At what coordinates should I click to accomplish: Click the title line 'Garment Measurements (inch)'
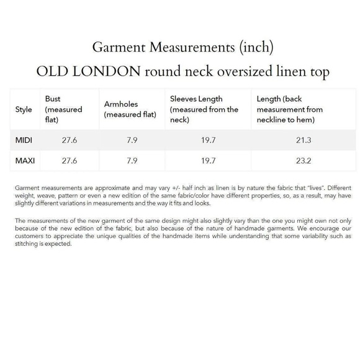pos(182,47)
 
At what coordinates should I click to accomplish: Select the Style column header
pos(24,109)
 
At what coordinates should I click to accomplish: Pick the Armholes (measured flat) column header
pos(130,109)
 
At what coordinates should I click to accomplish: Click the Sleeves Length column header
pos(204,109)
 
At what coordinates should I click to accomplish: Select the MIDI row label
pos(24,140)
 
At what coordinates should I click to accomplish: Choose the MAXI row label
pos(25,161)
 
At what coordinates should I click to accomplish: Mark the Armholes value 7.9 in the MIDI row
pos(131,140)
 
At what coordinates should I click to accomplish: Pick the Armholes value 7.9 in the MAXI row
pos(131,161)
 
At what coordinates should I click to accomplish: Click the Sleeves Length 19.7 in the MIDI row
pos(209,140)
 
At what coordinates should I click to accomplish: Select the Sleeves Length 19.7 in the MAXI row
pos(209,161)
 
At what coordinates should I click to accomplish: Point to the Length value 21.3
pos(304,140)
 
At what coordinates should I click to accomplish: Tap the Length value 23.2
pos(304,161)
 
